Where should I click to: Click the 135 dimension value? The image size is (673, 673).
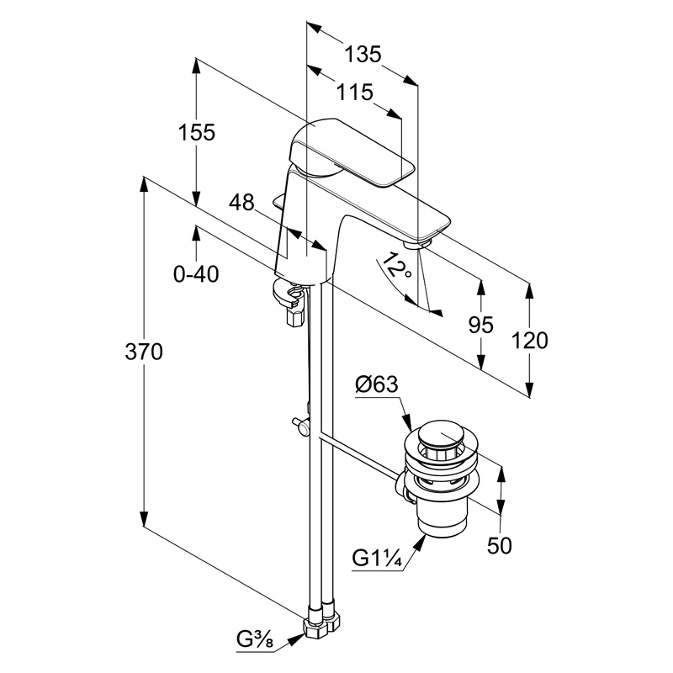pos(363,55)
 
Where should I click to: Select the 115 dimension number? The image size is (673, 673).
pos(354,92)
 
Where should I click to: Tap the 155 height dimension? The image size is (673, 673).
pos(196,132)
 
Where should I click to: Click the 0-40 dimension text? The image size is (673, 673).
pos(195,273)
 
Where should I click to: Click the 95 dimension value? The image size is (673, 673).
pos(481,326)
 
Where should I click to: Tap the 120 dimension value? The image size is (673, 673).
pos(530,340)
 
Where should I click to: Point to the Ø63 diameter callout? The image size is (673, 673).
pos(376,386)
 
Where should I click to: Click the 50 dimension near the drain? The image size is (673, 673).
pos(500,545)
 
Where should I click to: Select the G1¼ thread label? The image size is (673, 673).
pos(376,558)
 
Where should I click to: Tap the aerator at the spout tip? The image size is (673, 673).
pos(418,243)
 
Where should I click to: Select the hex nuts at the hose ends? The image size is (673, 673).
pos(321,626)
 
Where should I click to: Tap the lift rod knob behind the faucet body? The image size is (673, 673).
pos(279,201)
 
